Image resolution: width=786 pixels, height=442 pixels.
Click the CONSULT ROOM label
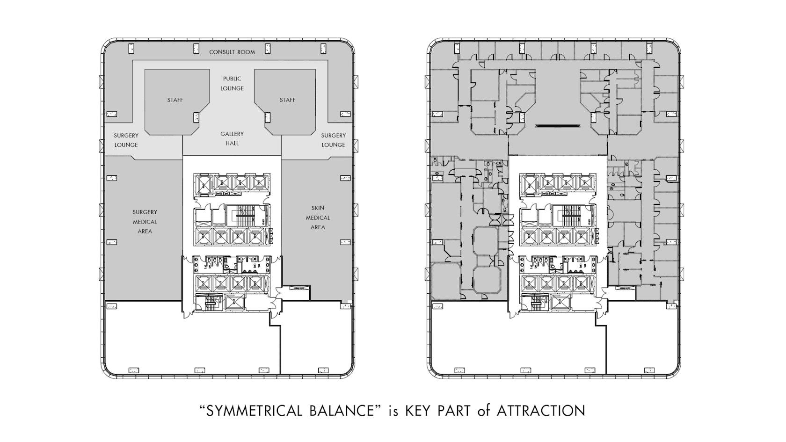[232, 52]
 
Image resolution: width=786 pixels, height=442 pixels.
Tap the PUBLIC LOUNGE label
[232, 83]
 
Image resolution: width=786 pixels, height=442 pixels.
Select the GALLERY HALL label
[232, 138]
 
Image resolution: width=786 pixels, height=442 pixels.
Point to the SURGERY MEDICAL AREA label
[145, 222]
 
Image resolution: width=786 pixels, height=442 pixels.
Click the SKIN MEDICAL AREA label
[318, 217]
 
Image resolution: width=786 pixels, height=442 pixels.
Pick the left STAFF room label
[175, 100]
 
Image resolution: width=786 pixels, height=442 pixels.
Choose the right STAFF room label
[287, 100]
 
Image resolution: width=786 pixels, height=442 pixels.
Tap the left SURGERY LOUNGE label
[126, 140]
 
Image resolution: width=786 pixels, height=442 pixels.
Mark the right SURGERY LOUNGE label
[333, 140]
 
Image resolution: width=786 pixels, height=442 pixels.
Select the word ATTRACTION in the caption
[541, 411]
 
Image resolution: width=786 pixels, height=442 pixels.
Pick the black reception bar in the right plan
[557, 125]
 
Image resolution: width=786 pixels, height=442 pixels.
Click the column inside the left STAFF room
[196, 117]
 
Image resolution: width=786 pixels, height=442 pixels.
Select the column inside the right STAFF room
[268, 117]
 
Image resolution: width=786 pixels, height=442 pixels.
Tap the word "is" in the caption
[394, 411]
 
